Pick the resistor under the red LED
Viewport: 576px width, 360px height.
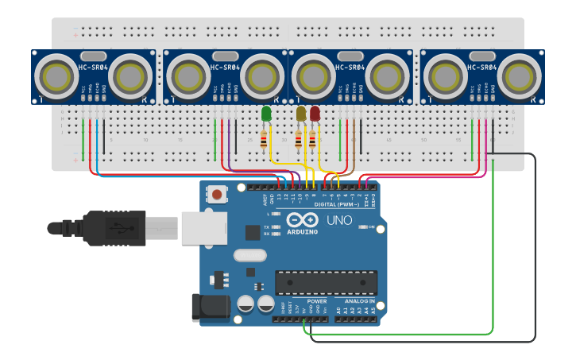[311, 141]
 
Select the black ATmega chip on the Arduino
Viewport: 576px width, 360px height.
[326, 282]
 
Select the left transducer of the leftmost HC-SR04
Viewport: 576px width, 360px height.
[58, 76]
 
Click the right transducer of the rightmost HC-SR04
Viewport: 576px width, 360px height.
[519, 76]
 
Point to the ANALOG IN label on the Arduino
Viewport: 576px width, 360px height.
[359, 301]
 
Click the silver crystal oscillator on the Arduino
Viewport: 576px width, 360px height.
[249, 256]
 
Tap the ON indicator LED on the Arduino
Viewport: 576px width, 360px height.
[363, 226]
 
